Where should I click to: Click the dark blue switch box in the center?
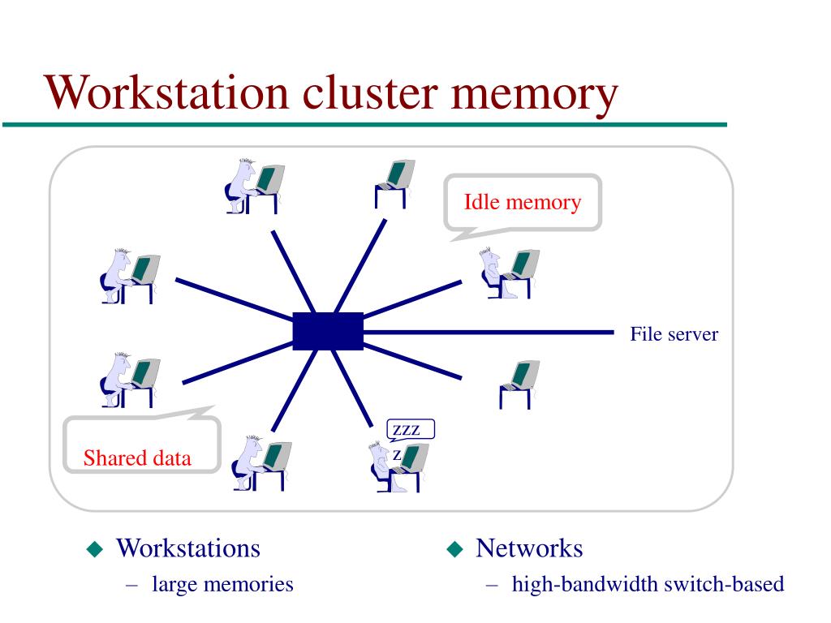pyautogui.click(x=328, y=331)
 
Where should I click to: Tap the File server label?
pyautogui.click(x=674, y=333)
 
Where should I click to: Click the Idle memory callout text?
pyautogui.click(x=523, y=202)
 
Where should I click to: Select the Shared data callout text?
pyautogui.click(x=137, y=458)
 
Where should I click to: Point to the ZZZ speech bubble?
pyautogui.click(x=411, y=430)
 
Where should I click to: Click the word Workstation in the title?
pyautogui.click(x=166, y=92)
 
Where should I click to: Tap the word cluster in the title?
pyautogui.click(x=370, y=92)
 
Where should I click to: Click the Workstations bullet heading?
pyautogui.click(x=188, y=548)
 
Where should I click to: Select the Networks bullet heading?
pyautogui.click(x=529, y=548)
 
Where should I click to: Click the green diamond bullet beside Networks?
pyautogui.click(x=454, y=549)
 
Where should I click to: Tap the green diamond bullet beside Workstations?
pyautogui.click(x=95, y=549)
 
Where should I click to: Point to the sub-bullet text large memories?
pyautogui.click(x=222, y=584)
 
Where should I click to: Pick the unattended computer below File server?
pyautogui.click(x=519, y=384)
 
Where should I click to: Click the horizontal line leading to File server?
pyautogui.click(x=489, y=333)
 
